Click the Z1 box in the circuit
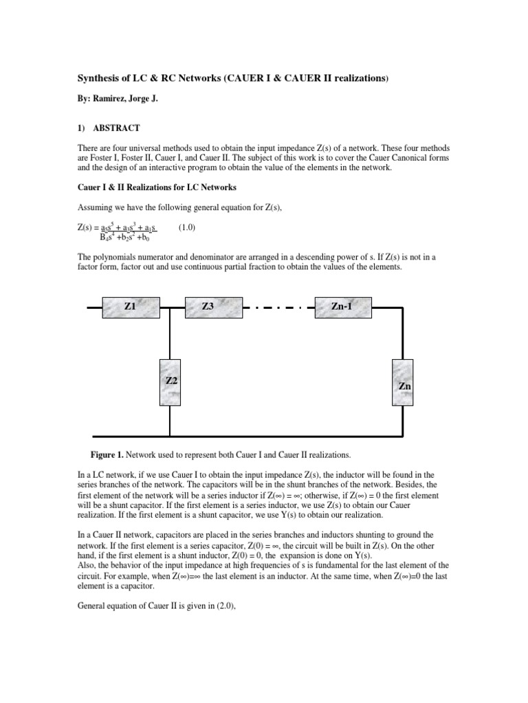tap(131, 307)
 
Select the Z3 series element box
tap(213, 307)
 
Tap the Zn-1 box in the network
tap(342, 307)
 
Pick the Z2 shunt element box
tap(170, 382)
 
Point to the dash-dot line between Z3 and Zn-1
tap(278, 308)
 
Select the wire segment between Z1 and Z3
tap(173, 308)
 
